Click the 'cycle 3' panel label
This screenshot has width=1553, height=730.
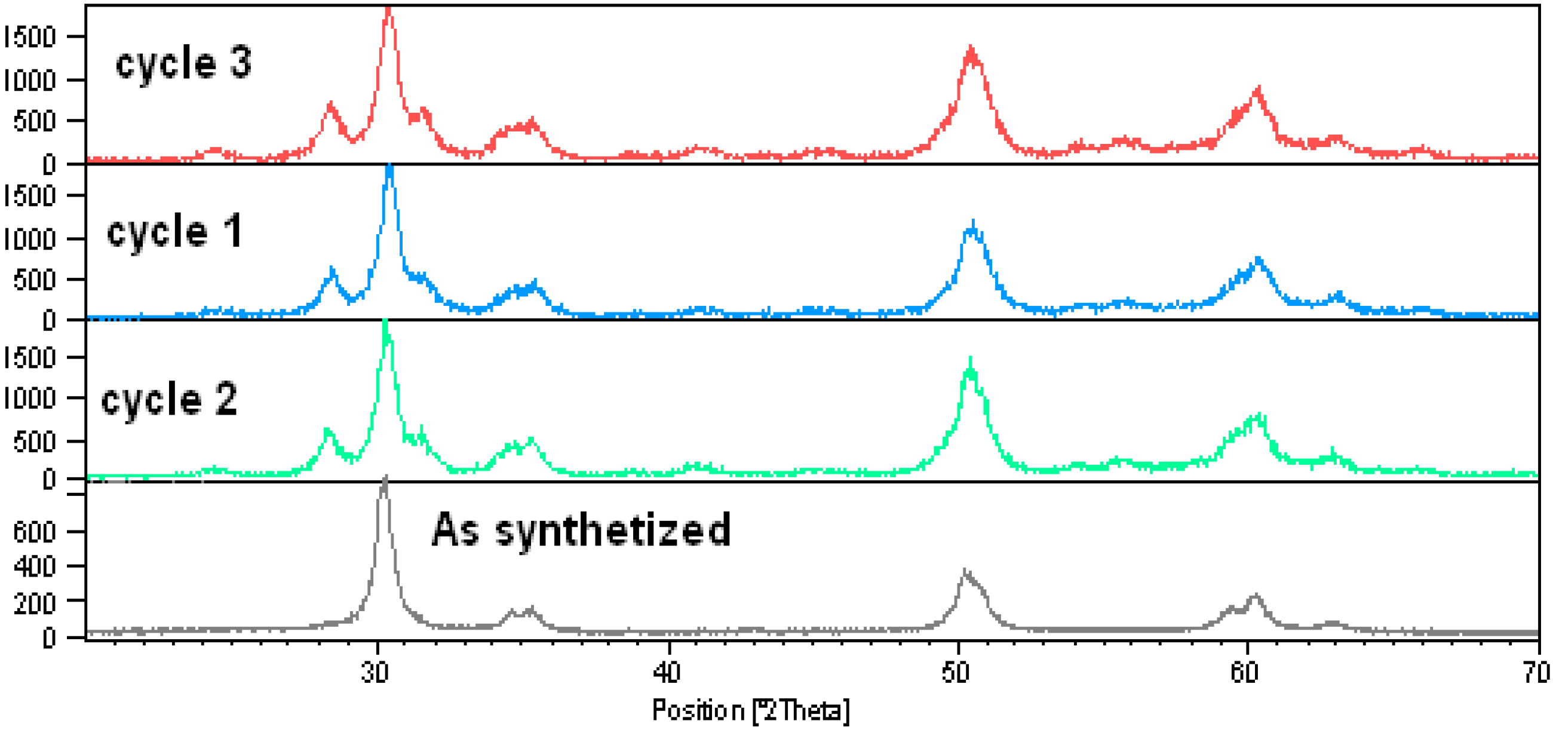tap(183, 64)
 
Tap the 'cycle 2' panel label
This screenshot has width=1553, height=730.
tap(169, 400)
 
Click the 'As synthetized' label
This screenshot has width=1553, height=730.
tap(581, 530)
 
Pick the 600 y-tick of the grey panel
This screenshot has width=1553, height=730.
tap(34, 532)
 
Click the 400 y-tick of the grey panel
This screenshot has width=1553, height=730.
tap(34, 567)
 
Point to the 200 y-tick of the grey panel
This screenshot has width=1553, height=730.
tap(34, 602)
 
